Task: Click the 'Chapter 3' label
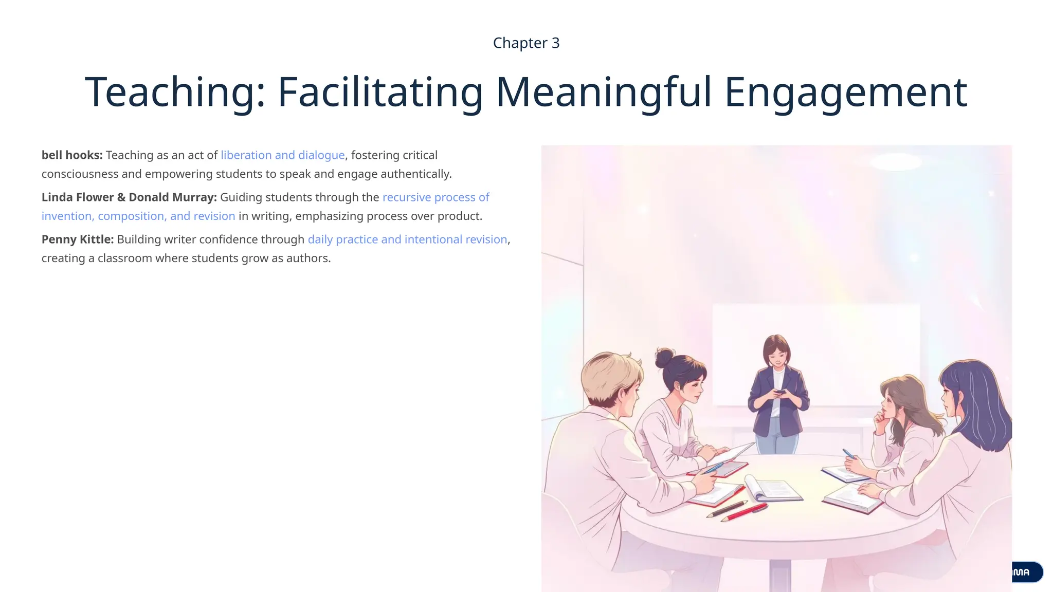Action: [x=526, y=43]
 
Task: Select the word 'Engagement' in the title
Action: [x=846, y=92]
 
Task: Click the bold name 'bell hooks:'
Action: [x=72, y=155]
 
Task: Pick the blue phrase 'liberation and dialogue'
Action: [x=282, y=155]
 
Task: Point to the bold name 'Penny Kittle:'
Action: [x=78, y=239]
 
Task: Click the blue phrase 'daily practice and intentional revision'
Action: [x=407, y=239]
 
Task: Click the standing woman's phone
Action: [x=780, y=392]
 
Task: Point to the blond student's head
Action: [x=610, y=378]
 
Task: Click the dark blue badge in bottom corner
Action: [x=1026, y=572]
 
